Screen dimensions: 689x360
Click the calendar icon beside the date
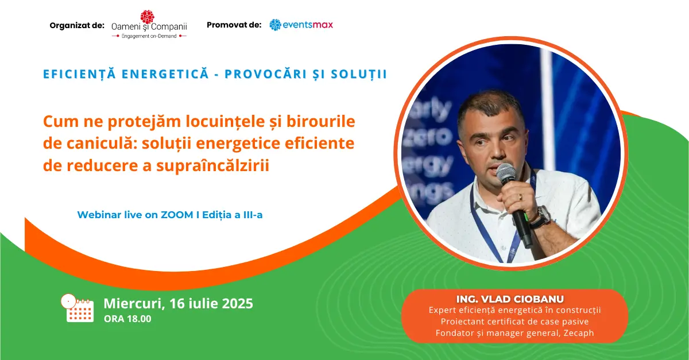pos(78,308)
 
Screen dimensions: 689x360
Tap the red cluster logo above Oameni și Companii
pos(148,17)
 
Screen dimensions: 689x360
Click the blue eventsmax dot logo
pos(275,25)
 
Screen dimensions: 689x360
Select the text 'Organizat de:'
pos(77,25)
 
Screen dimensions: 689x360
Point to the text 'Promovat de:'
pos(234,25)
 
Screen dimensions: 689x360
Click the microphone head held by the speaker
pos(506,173)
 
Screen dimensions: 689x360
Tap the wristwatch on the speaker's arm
pos(544,216)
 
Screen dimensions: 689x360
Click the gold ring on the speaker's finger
pos(520,198)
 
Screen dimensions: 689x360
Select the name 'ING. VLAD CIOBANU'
pos(510,299)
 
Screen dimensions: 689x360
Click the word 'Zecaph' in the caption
pos(579,333)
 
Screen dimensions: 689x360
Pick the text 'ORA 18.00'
pos(127,319)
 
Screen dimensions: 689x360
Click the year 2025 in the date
pos(238,303)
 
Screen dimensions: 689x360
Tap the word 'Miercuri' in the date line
pos(133,303)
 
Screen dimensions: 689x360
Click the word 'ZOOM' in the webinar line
pos(177,215)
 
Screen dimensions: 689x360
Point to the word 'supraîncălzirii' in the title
pos(213,166)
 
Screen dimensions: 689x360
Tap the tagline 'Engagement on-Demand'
pos(149,36)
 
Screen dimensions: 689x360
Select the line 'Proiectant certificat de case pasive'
pos(514,322)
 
